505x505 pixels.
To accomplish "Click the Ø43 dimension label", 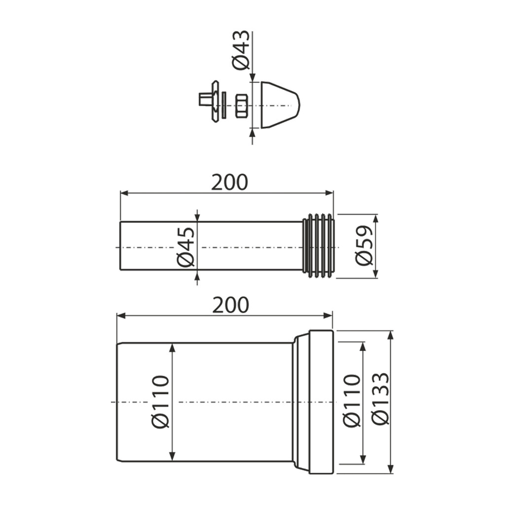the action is pos(241,50).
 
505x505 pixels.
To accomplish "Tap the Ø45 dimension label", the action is pos(186,247).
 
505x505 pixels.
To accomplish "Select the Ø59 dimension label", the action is pos(364,246).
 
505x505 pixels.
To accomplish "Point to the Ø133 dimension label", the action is pos(380,398).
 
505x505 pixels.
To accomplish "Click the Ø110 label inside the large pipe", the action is pos(160,401).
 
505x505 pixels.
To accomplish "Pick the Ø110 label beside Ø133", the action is pos(352,400).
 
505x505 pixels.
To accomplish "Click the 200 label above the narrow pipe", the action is pos(229,182).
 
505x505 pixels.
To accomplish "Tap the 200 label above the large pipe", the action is pos(231,305).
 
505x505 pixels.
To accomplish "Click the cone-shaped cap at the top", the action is pos(280,105).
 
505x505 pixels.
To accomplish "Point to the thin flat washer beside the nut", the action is pos(224,106).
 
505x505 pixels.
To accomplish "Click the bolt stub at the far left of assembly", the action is pos(204,99).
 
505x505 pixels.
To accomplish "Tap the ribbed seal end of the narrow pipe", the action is pos(319,246).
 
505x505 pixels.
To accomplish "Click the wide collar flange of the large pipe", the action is pos(321,401).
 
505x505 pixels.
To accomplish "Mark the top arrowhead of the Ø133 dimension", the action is pos(391,334).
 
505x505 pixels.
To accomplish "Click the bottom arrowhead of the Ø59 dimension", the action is pos(375,274).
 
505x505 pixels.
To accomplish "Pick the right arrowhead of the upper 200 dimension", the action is pos(329,193).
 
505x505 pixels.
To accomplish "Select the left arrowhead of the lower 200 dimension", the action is pos(121,316).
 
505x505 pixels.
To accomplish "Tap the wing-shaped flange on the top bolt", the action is pos(215,101).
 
